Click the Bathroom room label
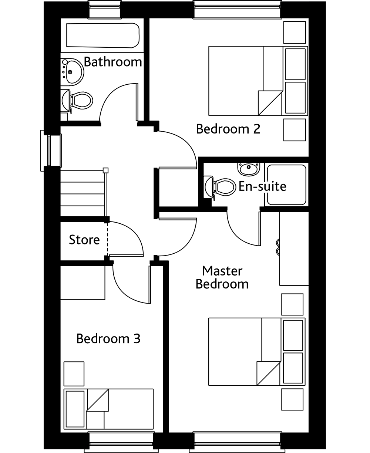coord(113,62)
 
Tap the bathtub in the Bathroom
coord(103,36)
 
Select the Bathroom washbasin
coord(72,72)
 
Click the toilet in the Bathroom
coord(77,101)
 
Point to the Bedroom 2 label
coord(228,129)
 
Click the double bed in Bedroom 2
coord(258,81)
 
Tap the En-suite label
coord(262,186)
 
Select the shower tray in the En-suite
coord(286,185)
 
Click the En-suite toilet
coord(219,187)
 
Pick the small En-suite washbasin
coord(249,169)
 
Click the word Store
coord(84,240)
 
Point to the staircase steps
coord(83,193)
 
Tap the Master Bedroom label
coord(222,277)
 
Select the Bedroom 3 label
coord(108,339)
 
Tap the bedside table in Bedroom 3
coord(74,374)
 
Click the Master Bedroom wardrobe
coord(294,249)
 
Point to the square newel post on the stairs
coord(105,170)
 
